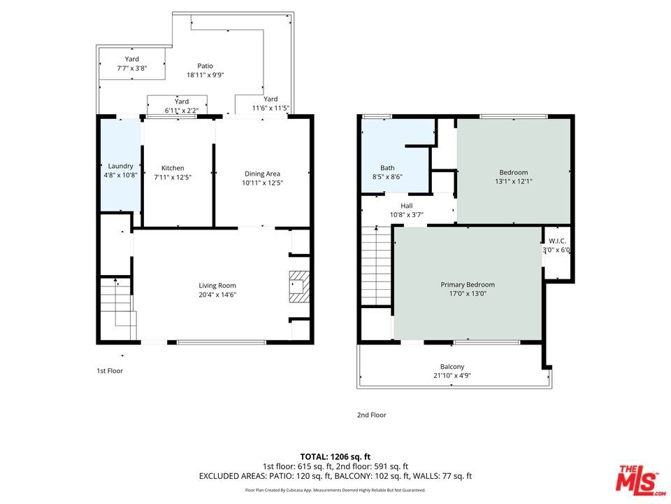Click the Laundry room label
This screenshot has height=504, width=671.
121,166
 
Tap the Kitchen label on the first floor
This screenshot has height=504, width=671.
173,168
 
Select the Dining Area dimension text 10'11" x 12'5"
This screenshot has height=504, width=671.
262,183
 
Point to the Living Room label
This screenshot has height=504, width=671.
217,286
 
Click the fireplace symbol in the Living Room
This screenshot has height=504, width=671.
299,287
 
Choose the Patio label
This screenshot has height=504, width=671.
205,66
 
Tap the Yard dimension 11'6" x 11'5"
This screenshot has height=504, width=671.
271,108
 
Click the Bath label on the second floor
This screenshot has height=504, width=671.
387,168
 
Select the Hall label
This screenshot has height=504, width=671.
407,206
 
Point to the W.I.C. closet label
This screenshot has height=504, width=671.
557,241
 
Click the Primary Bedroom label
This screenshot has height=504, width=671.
468,285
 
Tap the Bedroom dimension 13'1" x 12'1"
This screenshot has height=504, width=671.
514,181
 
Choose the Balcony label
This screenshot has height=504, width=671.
452,366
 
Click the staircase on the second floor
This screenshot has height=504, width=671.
377,266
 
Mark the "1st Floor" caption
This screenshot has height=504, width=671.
110,371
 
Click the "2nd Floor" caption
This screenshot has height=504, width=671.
371,415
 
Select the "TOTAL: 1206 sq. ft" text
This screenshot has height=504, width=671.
335,457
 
